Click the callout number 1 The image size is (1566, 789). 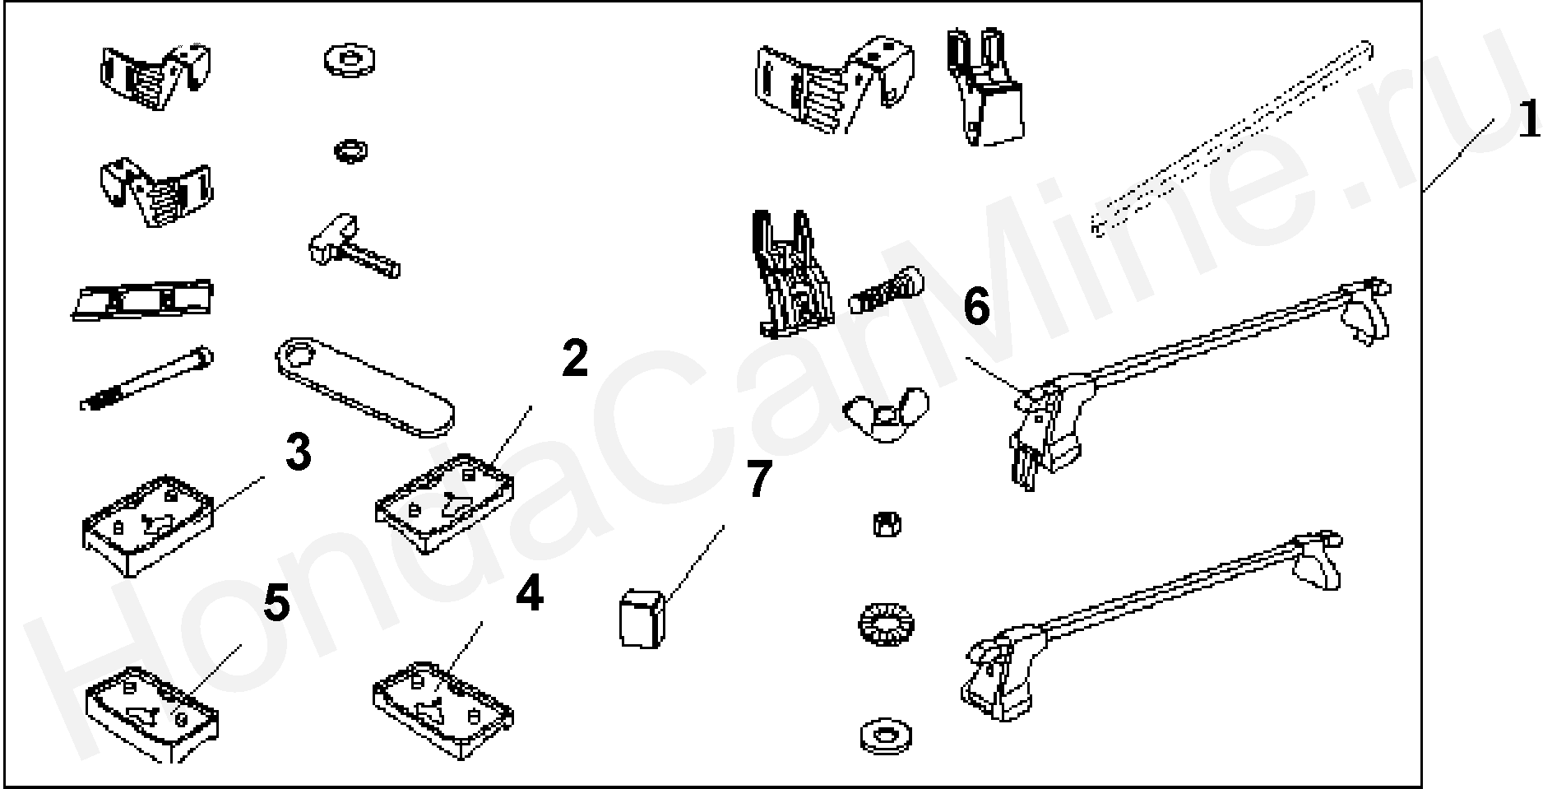point(1528,121)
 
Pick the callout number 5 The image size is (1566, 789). point(276,606)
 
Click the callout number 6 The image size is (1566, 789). point(976,308)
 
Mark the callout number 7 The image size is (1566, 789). point(759,480)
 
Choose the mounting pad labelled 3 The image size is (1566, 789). point(149,523)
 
